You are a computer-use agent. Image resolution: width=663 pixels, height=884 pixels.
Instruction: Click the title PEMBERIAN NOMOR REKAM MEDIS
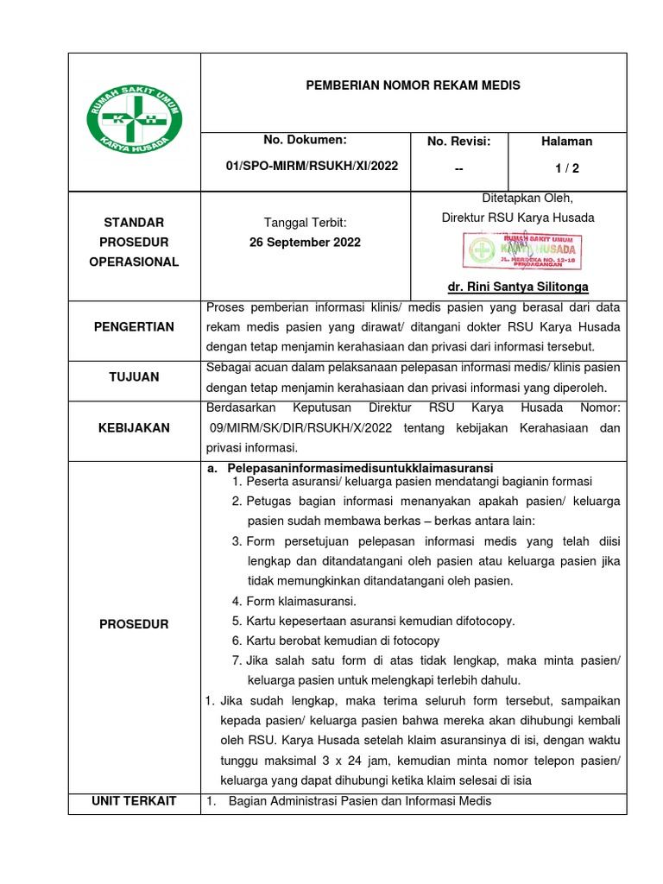click(x=414, y=86)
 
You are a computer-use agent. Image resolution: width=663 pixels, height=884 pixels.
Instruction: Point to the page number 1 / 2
click(x=567, y=166)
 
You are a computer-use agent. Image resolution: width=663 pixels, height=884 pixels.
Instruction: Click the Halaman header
click(x=567, y=142)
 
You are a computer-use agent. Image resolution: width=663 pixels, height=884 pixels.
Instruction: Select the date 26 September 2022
click(x=305, y=243)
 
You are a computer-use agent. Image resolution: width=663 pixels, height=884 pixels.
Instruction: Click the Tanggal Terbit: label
click(x=305, y=223)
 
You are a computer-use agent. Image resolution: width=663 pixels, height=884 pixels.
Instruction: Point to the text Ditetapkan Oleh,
click(x=518, y=197)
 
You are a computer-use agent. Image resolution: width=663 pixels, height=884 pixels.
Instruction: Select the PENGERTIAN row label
click(x=134, y=327)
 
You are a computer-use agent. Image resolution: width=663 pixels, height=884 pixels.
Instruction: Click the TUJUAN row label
click(x=134, y=376)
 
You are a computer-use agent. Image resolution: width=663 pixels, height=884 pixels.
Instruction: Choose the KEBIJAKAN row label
click(x=134, y=427)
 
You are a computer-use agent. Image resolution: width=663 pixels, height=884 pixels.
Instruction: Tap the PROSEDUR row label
click(x=134, y=624)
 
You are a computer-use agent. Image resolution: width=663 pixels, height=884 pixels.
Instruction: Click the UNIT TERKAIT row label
click(x=134, y=801)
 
